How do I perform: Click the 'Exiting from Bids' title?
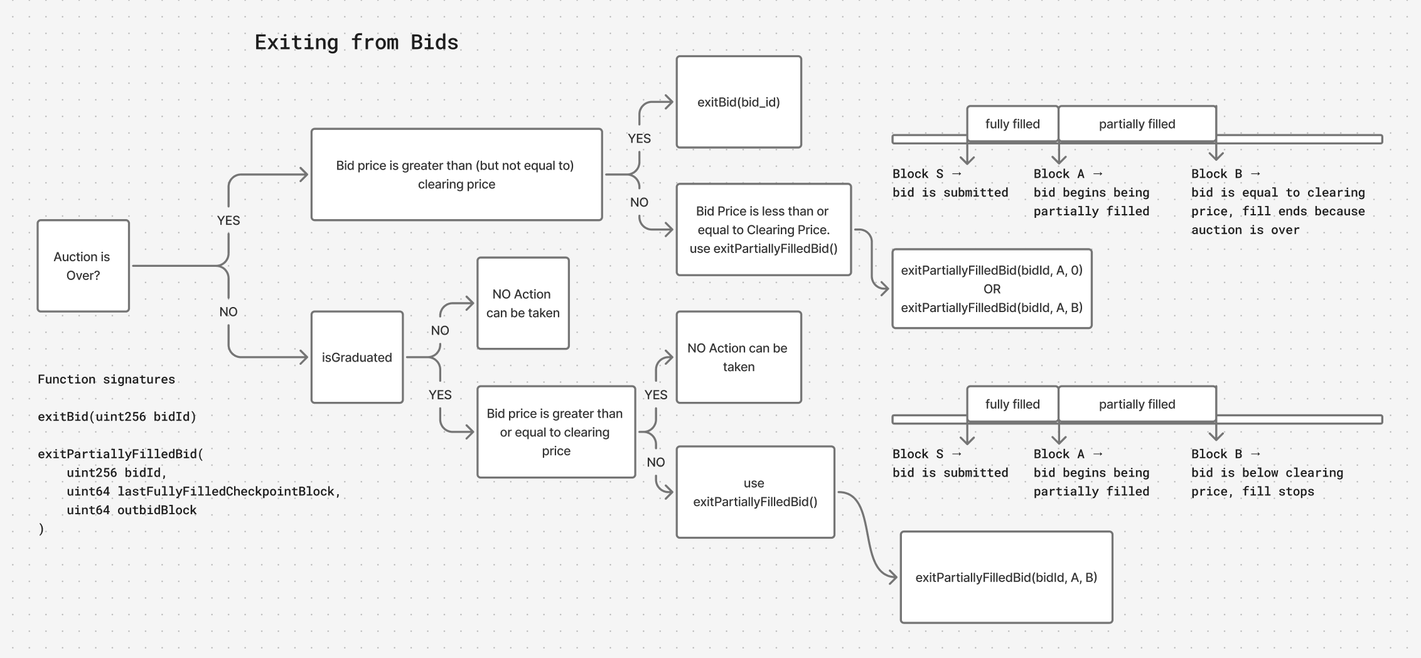pos(356,42)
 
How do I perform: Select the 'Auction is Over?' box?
pos(83,266)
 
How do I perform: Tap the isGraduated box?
pos(357,357)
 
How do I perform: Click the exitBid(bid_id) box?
pos(738,102)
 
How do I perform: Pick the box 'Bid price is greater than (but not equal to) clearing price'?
pos(456,175)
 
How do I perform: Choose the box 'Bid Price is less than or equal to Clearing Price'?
pos(763,230)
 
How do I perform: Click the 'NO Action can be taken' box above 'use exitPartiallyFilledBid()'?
pos(738,357)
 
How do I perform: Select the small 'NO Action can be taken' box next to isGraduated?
pos(522,303)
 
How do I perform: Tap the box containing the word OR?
pos(992,289)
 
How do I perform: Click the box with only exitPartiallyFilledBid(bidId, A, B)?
pos(1006,577)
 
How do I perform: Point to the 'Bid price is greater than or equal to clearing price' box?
pos(555,432)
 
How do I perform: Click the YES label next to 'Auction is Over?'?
pos(228,220)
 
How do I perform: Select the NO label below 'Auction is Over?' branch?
pos(228,312)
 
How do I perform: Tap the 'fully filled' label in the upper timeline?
pos(1012,124)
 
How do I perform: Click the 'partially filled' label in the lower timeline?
pos(1137,404)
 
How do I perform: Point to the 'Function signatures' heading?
pos(106,379)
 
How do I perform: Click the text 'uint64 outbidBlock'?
pos(132,510)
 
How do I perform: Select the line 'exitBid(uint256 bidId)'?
pos(117,416)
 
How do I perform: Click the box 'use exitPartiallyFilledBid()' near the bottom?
pos(755,492)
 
